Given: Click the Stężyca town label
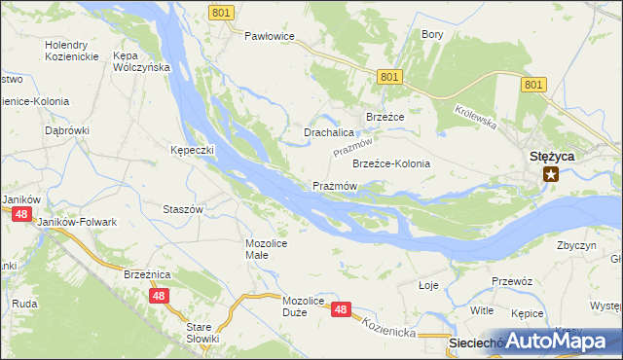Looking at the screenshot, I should pos(552,156).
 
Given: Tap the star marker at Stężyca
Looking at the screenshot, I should pos(552,174).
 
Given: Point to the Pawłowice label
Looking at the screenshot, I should pos(269,36).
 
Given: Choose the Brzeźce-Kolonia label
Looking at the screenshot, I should pos(390,163).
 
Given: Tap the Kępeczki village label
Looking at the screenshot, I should pos(192,151).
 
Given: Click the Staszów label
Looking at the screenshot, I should pos(182,209).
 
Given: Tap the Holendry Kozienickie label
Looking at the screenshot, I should pos(71,52).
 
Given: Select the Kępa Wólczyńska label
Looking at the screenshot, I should pos(141,61).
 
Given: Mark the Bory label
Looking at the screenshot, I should pos(432,34).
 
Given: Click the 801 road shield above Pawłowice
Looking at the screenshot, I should pos(221,12).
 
